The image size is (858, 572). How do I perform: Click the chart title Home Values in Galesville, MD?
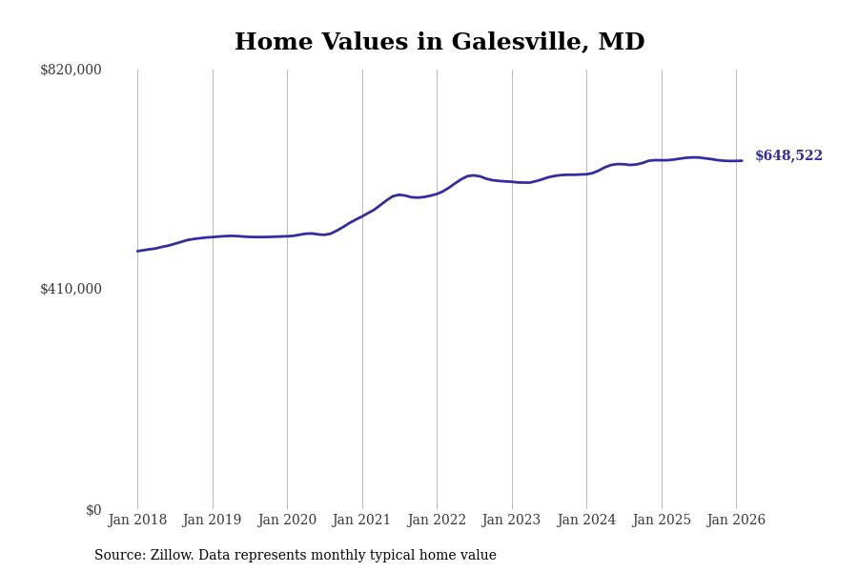click(439, 43)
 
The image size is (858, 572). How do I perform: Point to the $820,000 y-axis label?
click(71, 70)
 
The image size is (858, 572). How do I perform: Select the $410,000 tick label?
click(71, 289)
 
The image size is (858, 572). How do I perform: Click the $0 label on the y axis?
click(93, 510)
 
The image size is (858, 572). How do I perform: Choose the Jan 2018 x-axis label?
click(137, 521)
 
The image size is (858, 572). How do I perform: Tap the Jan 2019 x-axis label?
click(213, 521)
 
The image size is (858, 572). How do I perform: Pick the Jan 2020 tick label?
click(287, 521)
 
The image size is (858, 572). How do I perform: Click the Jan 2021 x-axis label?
click(362, 521)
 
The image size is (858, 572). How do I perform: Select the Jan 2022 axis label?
click(437, 521)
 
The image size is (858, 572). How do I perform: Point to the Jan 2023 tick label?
click(512, 521)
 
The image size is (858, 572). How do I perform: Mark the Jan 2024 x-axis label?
click(586, 521)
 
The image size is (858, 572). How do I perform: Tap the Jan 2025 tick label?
click(662, 521)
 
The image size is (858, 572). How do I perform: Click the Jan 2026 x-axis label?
click(736, 521)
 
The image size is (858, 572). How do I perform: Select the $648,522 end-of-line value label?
click(788, 156)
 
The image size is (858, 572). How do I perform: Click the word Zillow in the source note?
click(168, 556)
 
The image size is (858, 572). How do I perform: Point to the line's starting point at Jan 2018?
click(137, 251)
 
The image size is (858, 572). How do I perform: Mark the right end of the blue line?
click(742, 160)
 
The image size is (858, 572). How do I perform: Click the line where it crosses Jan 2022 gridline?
click(437, 193)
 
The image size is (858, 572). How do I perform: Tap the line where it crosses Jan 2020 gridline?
click(287, 235)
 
